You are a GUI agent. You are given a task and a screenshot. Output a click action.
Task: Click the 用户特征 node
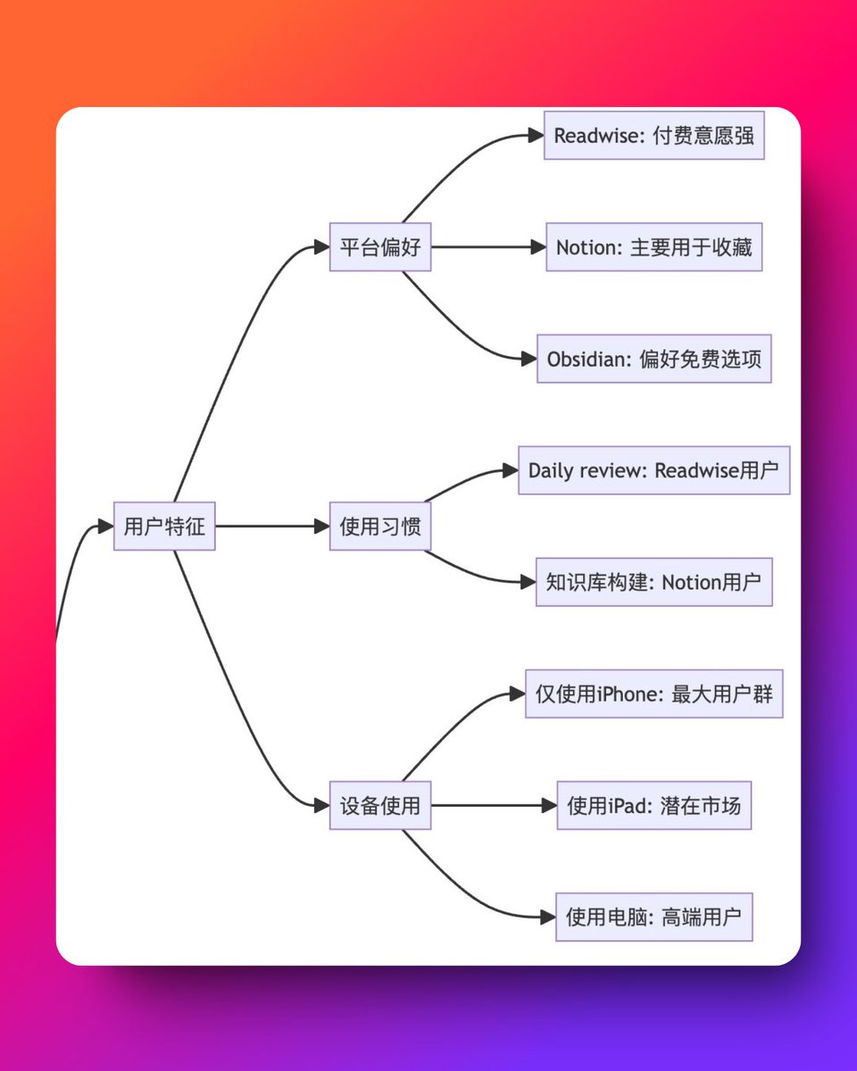(164, 526)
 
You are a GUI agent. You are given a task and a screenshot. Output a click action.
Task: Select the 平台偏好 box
(380, 247)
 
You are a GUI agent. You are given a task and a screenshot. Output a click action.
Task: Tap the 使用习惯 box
(380, 526)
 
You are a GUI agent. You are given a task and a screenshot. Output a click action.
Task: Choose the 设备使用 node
(380, 805)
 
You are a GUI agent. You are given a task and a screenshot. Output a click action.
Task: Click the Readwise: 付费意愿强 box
(653, 136)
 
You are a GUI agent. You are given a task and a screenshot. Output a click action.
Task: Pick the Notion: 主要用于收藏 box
(653, 247)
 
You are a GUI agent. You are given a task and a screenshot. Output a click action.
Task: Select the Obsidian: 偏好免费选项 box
(653, 359)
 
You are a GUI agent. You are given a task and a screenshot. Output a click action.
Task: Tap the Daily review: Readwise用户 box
(653, 470)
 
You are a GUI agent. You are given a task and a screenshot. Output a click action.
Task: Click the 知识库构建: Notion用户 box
(653, 582)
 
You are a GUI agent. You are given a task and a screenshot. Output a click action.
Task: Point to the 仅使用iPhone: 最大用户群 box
(653, 693)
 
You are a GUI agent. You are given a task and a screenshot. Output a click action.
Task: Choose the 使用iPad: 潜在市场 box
(653, 805)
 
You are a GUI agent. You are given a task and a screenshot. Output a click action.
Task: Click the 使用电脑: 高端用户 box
(653, 917)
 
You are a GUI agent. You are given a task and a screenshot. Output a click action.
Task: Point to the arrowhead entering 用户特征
(105, 526)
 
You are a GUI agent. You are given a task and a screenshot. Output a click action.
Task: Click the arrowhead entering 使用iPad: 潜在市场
(549, 805)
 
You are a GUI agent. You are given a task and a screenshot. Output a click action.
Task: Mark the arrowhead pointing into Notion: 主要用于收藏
(537, 247)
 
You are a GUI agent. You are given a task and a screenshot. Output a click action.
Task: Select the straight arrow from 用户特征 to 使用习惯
(272, 526)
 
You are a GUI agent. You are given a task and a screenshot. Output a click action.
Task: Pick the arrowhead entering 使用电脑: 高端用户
(548, 917)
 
